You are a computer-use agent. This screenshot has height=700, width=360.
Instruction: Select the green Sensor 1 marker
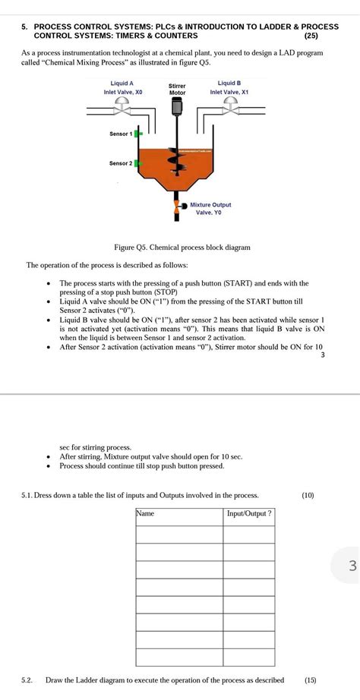(138, 134)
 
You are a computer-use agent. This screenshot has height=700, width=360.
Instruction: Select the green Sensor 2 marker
(138, 162)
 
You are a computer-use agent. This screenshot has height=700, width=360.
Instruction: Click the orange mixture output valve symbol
(177, 207)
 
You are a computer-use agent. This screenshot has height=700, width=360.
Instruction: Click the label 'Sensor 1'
(121, 134)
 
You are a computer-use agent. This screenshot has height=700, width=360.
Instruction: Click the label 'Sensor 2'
(121, 162)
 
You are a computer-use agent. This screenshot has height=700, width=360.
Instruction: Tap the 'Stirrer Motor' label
(176, 90)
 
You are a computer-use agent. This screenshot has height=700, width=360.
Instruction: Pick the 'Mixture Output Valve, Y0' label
(210, 209)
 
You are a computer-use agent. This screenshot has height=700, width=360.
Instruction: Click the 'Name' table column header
(145, 514)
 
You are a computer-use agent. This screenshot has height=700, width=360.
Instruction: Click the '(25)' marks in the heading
(311, 36)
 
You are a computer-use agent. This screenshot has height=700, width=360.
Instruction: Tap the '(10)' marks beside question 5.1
(307, 495)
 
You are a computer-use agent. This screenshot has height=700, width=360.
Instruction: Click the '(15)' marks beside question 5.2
(311, 680)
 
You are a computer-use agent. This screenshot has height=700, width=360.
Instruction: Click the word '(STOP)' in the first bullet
(166, 292)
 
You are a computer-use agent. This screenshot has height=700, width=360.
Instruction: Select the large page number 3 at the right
(351, 565)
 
